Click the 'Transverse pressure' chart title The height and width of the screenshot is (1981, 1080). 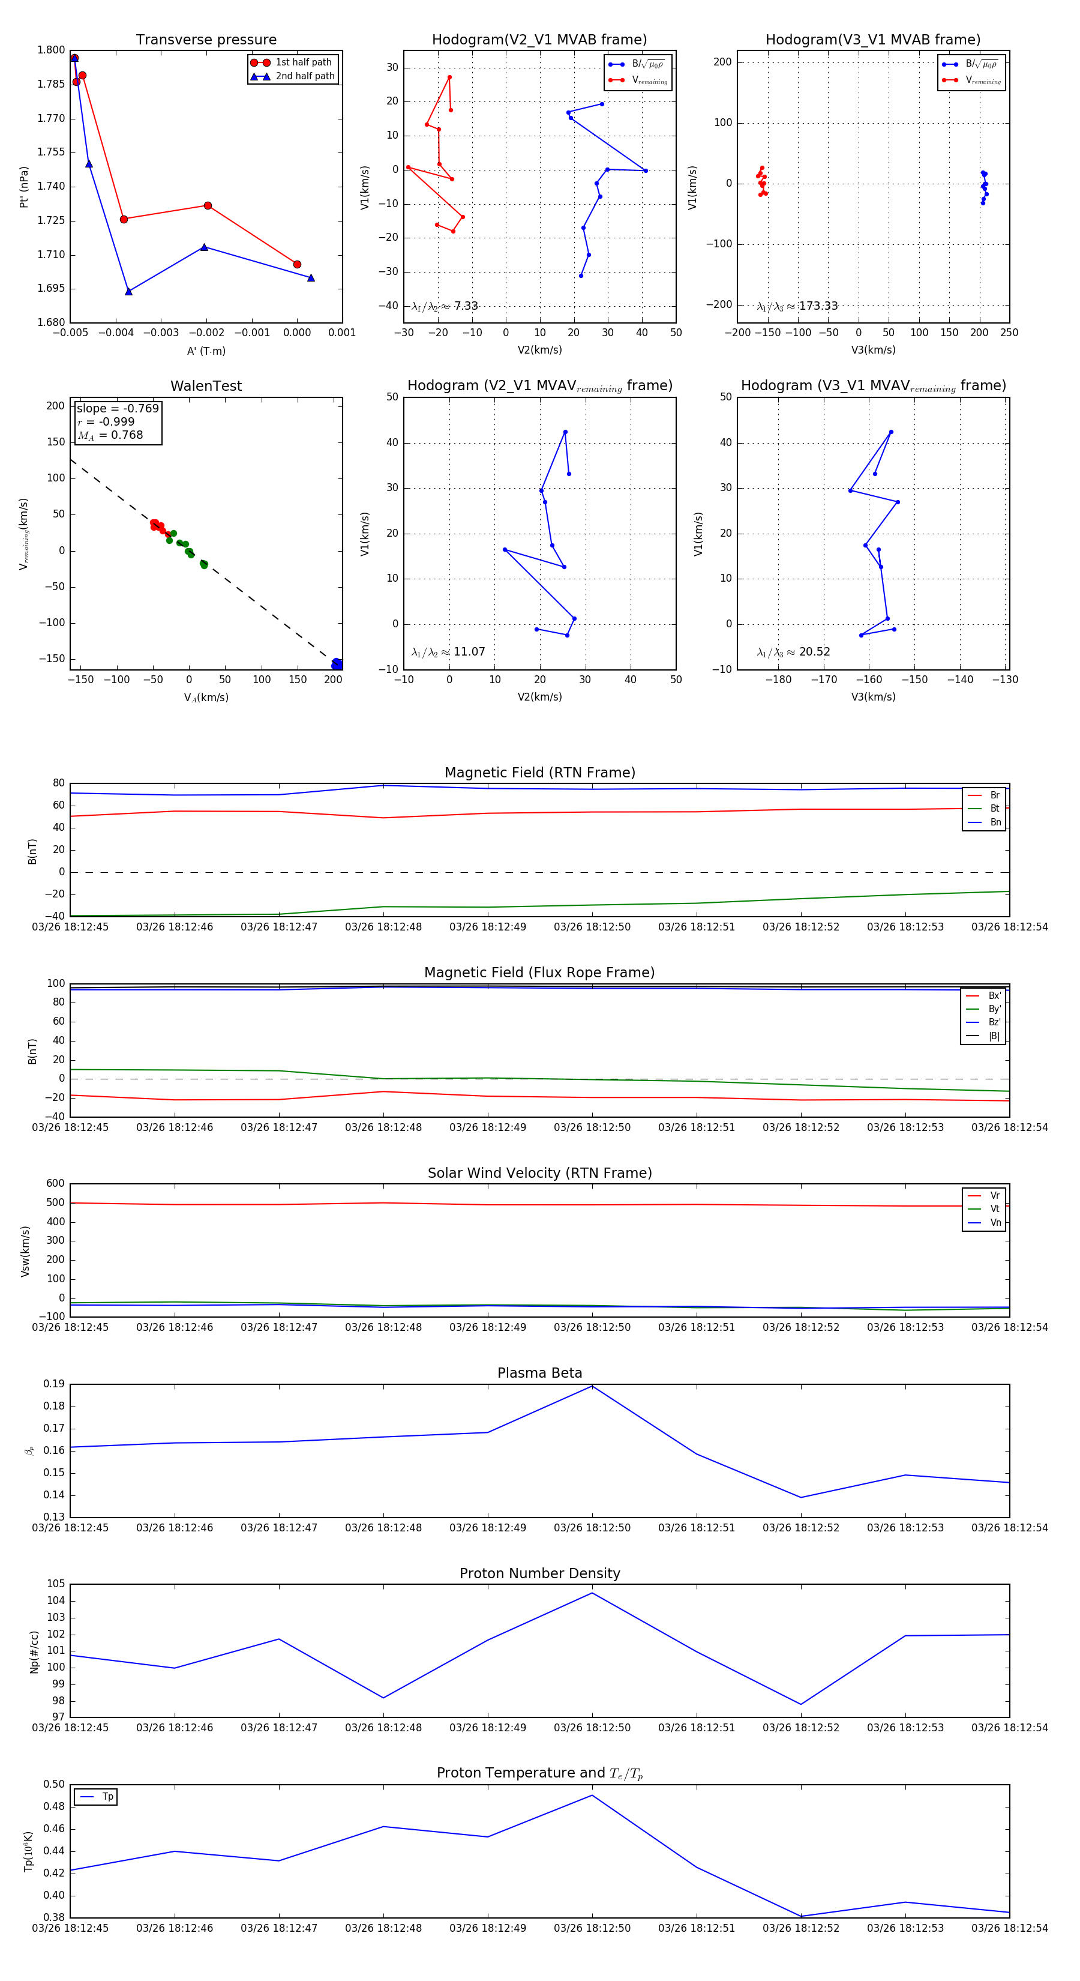click(206, 40)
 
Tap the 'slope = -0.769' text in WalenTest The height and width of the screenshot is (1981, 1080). click(118, 408)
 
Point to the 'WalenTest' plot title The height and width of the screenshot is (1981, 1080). click(206, 386)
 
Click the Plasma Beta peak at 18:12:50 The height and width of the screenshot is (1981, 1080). click(592, 1385)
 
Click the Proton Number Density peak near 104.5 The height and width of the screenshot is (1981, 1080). click(592, 1593)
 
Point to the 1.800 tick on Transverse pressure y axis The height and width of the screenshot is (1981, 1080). click(52, 50)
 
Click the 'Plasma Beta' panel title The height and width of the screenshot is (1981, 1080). click(539, 1373)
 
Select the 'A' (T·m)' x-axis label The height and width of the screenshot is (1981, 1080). click(206, 351)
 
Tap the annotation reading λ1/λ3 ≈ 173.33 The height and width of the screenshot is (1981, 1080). click(797, 306)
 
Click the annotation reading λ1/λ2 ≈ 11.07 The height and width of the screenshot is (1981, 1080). click(448, 652)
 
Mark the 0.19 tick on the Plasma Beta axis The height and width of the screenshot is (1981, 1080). click(54, 1384)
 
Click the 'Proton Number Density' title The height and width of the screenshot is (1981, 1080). click(539, 1573)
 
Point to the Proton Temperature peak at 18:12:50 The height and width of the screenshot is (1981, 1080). click(592, 1795)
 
